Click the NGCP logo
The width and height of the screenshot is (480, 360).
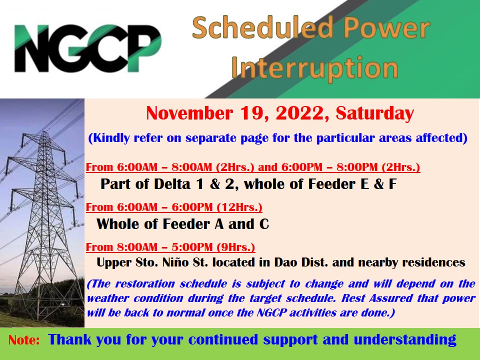[x=88, y=48]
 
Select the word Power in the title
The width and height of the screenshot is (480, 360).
[x=386, y=28]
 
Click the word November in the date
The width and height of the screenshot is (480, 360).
[x=189, y=113]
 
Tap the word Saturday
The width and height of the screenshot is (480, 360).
[x=374, y=113]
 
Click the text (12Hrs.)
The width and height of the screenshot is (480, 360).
[x=239, y=207]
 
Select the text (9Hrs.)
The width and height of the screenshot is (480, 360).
[x=235, y=247]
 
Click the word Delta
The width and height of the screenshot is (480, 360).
[x=172, y=184]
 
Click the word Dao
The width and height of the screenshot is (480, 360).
[x=285, y=262]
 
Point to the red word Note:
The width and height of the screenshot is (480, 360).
[x=24, y=340]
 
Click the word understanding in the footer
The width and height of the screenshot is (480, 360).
[x=404, y=340]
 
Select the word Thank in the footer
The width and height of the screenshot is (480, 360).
[x=69, y=339]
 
